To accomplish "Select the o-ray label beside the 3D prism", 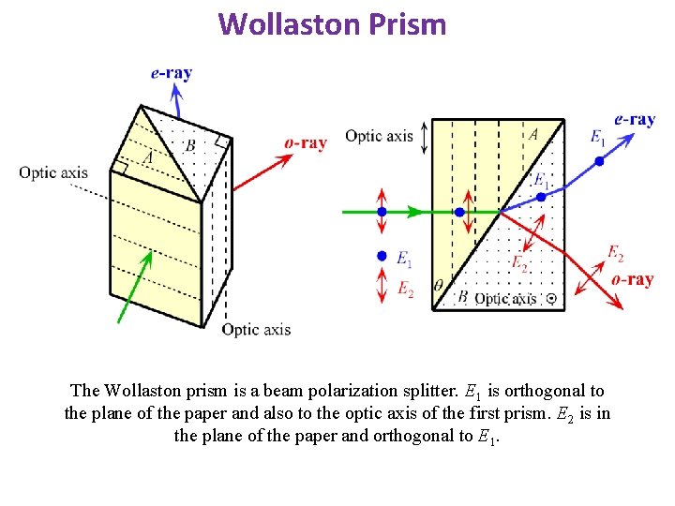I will tap(306, 143).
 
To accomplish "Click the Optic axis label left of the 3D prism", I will tap(53, 171).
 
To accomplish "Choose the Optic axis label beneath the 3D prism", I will tap(256, 329).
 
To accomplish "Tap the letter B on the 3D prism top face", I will tap(190, 145).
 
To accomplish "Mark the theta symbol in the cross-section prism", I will tap(439, 285).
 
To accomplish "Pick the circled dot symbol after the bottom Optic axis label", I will tap(551, 299).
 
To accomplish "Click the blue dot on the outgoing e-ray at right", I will tap(600, 161).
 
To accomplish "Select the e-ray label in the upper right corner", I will tap(634, 119).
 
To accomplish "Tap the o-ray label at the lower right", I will tap(632, 279).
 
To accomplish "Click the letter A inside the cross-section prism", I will tap(533, 135).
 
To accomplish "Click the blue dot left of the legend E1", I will tap(382, 256).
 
